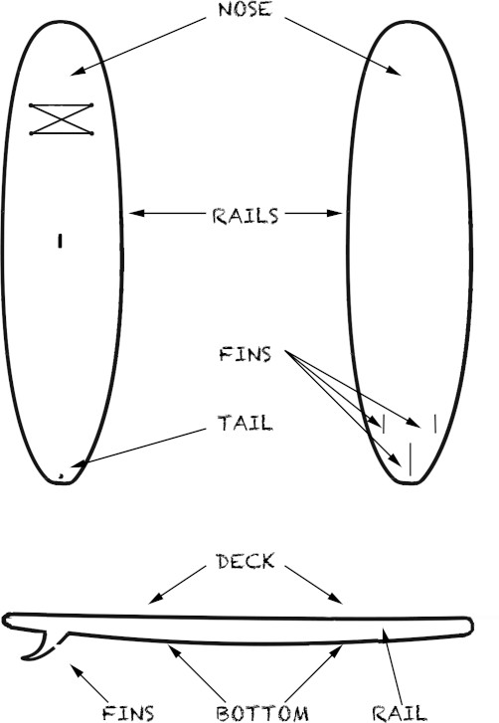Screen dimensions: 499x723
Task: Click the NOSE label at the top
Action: click(246, 9)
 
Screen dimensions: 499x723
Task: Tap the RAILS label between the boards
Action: click(246, 216)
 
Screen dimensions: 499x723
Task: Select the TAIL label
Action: click(246, 423)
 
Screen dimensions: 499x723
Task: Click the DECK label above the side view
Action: click(246, 561)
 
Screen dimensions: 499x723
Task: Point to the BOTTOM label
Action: click(262, 713)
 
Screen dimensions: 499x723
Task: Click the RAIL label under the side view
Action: click(400, 713)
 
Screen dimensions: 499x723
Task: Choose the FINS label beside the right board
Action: click(246, 354)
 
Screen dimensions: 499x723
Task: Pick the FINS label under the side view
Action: click(127, 713)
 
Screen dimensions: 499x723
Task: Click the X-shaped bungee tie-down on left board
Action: click(62, 119)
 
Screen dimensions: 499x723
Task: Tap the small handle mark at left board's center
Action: click(60, 241)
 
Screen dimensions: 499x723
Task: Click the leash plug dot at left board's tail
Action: click(61, 475)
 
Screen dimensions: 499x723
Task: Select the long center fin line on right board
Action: click(410, 458)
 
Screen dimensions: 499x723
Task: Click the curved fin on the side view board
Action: click(38, 645)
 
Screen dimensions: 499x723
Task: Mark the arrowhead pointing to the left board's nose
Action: click(77, 71)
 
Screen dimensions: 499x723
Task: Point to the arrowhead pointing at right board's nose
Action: click(395, 71)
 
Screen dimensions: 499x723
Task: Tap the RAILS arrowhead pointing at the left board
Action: click(136, 213)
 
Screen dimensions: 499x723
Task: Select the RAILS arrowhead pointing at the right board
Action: click(335, 213)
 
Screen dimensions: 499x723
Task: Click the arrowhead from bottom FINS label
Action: click(75, 668)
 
